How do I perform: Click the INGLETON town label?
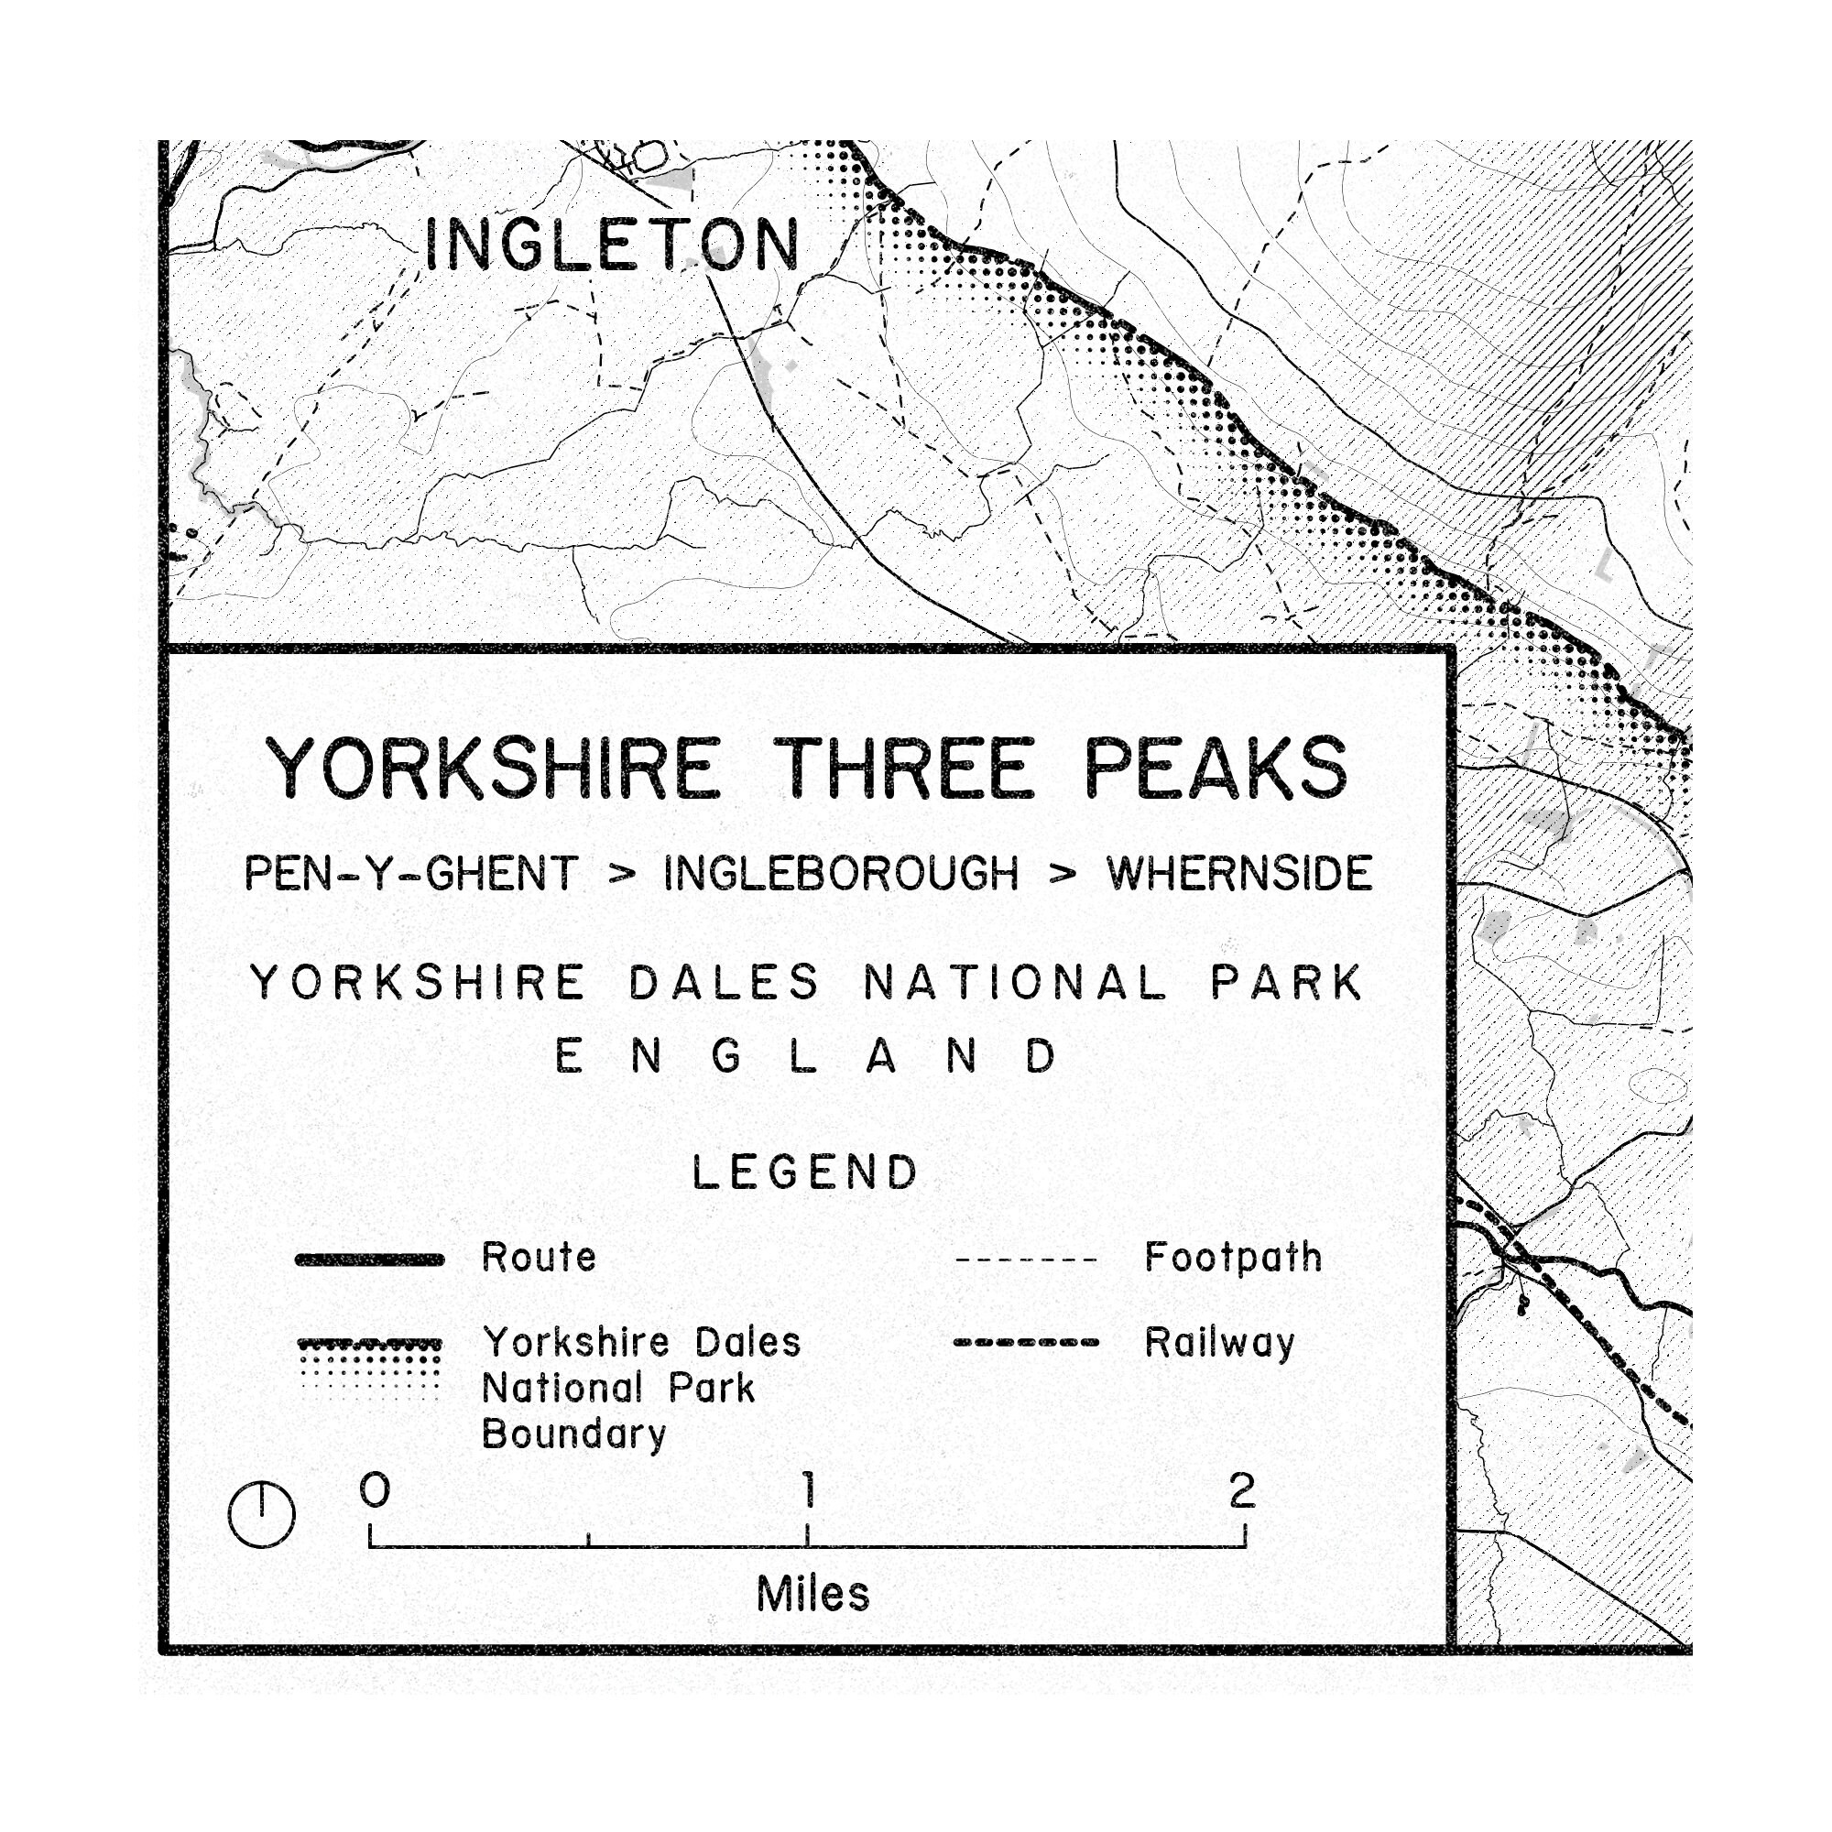613,244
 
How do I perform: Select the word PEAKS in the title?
1216,769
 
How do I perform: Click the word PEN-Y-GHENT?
410,873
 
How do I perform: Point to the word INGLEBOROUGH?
841,873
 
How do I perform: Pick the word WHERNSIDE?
1239,873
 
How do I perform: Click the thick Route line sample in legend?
370,1259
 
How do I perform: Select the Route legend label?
539,1258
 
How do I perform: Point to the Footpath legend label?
1233,1258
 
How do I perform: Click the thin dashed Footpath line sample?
1026,1260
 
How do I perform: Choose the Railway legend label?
1219,1343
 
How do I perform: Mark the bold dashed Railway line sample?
1026,1343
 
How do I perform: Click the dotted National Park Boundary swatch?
370,1368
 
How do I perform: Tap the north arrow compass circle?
262,1514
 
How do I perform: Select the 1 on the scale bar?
809,1489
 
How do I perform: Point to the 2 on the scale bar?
1242,1490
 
